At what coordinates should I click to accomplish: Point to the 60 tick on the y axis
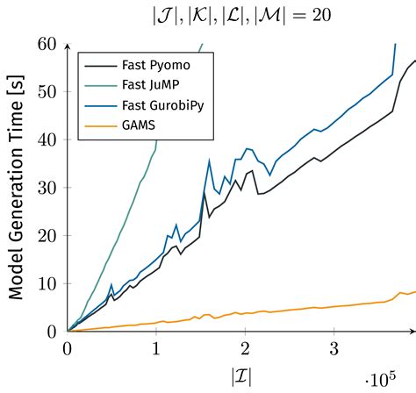click(47, 44)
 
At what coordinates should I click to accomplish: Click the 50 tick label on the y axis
click(47, 92)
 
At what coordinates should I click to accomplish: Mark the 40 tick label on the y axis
click(47, 139)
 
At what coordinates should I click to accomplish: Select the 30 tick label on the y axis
click(47, 188)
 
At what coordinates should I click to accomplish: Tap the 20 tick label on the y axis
click(47, 236)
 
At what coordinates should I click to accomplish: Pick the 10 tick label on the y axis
click(47, 284)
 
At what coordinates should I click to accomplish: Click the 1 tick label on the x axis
click(156, 348)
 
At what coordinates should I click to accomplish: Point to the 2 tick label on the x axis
click(245, 348)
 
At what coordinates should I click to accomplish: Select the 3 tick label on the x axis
click(334, 348)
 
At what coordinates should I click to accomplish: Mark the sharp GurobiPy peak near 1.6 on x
click(209, 160)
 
